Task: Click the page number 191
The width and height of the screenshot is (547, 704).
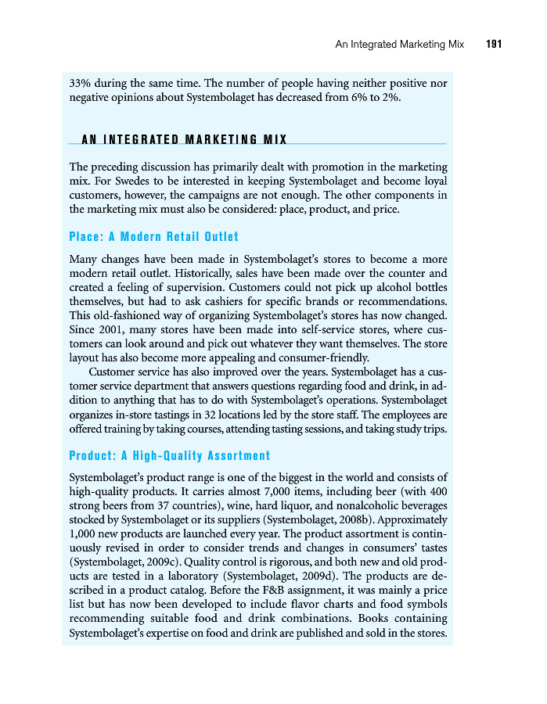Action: [x=493, y=45]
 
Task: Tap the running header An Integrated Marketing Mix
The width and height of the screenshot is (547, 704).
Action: [x=399, y=45]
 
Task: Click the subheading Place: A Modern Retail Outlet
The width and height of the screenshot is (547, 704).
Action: [x=153, y=236]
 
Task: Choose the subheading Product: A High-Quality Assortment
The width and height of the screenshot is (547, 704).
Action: [x=169, y=455]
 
